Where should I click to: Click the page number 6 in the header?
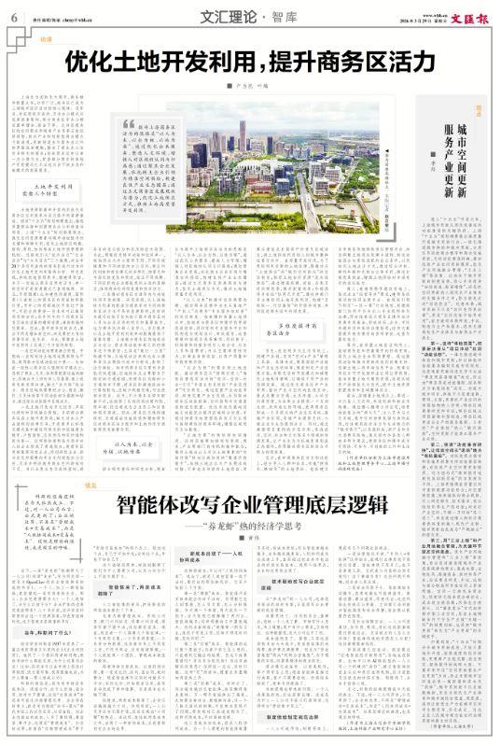(13, 16)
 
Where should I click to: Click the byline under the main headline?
(252, 87)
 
